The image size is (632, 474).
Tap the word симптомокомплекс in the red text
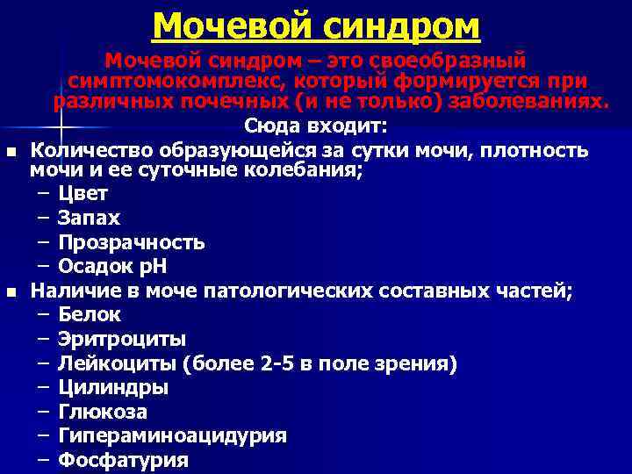click(x=176, y=81)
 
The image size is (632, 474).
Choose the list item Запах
click(x=89, y=218)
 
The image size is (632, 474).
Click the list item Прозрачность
click(x=131, y=242)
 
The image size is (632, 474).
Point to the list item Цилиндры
click(x=113, y=387)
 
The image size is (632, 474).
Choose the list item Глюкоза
click(x=102, y=411)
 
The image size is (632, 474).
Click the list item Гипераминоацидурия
click(x=172, y=435)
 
